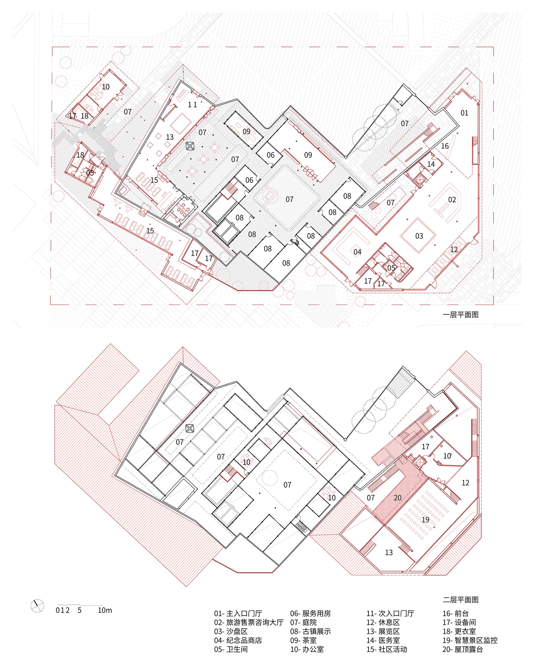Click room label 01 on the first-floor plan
(464, 113)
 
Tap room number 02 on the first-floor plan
(452, 200)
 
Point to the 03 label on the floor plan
(419, 236)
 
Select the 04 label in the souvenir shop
(357, 252)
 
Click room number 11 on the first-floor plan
(193, 105)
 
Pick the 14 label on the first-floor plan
(431, 164)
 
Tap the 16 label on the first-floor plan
(445, 146)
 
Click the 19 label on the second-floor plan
(425, 519)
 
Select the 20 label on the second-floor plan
(398, 498)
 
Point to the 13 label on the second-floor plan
(389, 552)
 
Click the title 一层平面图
(461, 315)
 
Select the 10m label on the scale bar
(105, 610)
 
